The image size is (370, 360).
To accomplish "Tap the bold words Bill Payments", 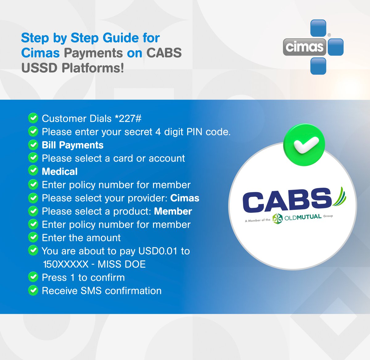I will coord(72,145).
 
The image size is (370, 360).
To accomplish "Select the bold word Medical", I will coord(60,172).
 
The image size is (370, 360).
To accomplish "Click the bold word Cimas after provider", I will coord(185,198).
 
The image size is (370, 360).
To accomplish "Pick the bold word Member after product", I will coord(173,211).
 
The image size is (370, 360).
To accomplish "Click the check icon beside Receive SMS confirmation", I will coord(33,290).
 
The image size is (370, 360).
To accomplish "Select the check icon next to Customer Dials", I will coord(33,118).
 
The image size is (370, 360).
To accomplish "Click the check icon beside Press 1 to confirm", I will coord(33,277).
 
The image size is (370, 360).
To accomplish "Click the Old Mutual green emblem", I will coord(277,218).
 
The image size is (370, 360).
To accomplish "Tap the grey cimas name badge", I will coord(304,47).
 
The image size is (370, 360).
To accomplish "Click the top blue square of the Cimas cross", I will coord(318,28).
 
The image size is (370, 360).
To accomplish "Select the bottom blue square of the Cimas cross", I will coord(318,66).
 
